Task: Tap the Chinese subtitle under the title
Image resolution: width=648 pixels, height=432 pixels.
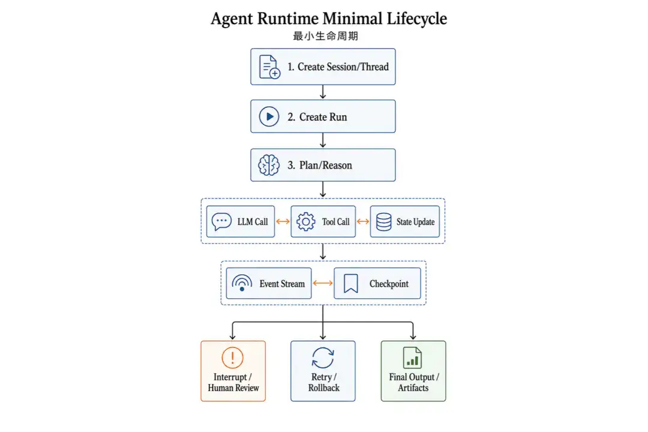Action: click(326, 37)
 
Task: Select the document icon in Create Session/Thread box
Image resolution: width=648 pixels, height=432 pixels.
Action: click(269, 67)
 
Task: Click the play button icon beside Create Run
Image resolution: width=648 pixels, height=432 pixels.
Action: click(269, 116)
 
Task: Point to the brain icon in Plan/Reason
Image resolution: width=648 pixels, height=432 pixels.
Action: click(269, 165)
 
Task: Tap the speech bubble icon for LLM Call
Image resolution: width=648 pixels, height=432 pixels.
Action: click(221, 221)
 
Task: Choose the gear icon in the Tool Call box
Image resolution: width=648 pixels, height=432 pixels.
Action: click(306, 221)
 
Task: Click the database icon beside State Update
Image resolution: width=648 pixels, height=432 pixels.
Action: click(383, 221)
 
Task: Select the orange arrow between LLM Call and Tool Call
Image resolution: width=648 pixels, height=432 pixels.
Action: click(283, 221)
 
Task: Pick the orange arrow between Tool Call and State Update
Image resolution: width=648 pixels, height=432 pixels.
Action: click(363, 221)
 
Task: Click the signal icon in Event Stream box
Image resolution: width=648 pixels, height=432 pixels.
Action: click(242, 283)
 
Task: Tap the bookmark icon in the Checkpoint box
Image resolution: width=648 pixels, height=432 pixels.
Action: click(351, 283)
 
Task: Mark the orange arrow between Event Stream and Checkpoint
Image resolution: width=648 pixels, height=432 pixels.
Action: click(323, 283)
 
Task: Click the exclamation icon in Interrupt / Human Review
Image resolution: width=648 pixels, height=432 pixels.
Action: click(233, 357)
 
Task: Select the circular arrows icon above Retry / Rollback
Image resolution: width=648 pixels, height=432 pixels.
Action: click(323, 358)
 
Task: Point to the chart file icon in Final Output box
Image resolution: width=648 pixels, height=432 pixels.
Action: click(412, 358)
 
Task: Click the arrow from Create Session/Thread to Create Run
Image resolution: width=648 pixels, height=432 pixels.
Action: click(323, 92)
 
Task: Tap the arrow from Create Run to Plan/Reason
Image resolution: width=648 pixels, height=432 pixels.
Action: click(323, 140)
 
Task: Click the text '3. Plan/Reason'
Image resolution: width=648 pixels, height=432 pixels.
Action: click(320, 166)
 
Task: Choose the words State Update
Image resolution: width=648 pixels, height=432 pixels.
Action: click(415, 222)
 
